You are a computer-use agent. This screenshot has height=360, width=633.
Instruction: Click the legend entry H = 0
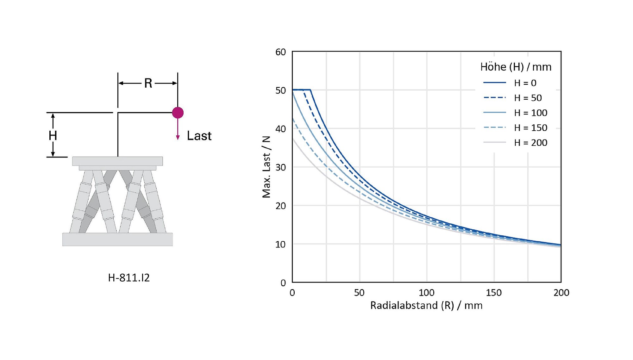coord(510,83)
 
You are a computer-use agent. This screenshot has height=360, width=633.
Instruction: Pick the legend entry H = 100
coord(515,113)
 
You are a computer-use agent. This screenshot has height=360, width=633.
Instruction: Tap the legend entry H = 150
coord(515,127)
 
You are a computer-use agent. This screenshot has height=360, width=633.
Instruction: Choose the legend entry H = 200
coord(515,142)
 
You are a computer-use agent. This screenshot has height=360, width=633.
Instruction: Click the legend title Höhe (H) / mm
coord(516,67)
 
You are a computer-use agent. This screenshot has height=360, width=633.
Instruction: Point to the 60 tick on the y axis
coord(281,52)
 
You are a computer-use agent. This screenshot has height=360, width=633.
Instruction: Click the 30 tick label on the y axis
coord(281,167)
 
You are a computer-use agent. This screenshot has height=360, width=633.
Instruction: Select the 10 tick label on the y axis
coord(281,244)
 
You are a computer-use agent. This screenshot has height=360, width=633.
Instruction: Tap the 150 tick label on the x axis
coord(494,293)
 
